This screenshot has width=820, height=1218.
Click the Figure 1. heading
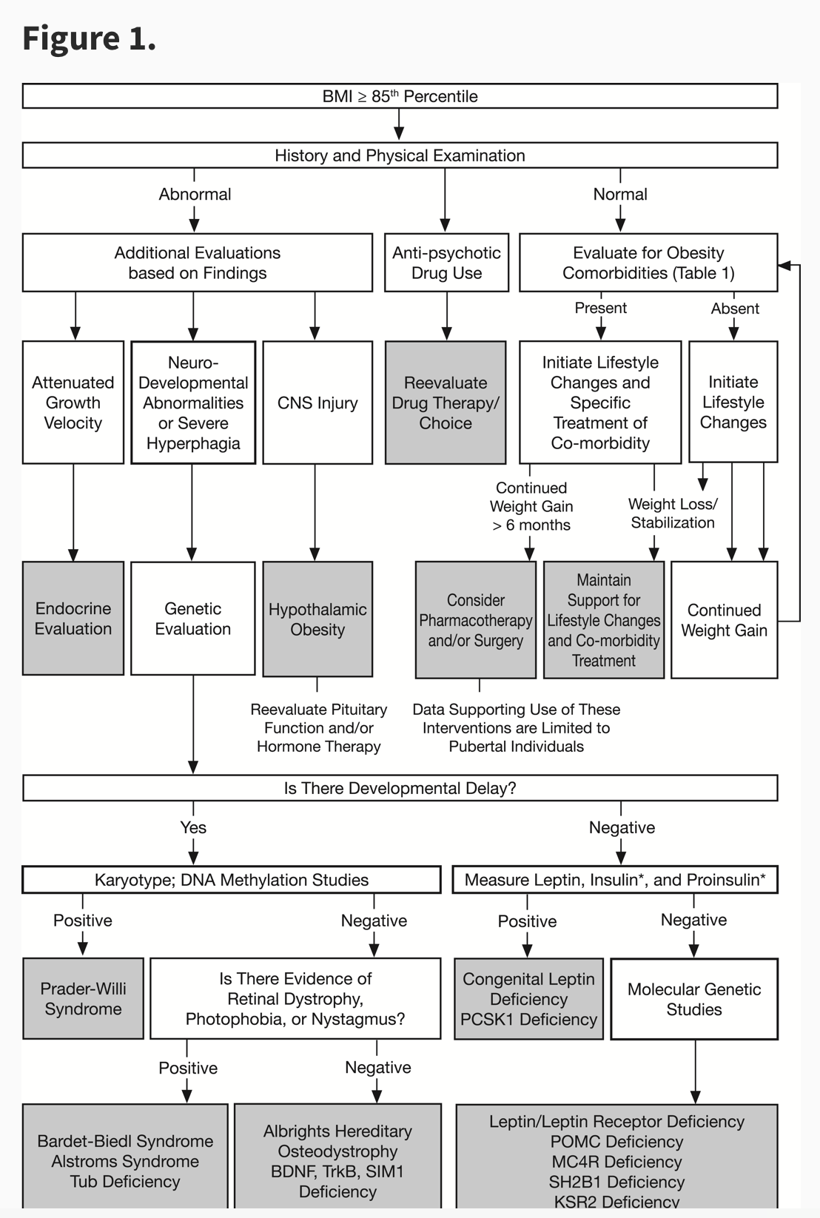(89, 38)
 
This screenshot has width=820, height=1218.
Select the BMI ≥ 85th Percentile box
(400, 96)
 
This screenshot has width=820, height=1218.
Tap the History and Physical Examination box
(400, 155)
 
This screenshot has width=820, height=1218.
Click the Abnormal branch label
(195, 194)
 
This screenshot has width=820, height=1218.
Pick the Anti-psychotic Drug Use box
(446, 263)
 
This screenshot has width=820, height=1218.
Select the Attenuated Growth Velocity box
(73, 403)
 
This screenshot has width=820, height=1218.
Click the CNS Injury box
(317, 403)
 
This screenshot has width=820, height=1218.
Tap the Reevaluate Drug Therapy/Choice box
(446, 403)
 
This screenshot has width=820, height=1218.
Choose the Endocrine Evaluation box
(73, 619)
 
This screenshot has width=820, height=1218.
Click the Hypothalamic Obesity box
(317, 619)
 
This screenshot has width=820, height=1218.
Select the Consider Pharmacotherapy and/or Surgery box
(475, 620)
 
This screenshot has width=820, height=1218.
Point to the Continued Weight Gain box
(724, 620)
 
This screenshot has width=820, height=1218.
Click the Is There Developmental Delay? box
(400, 788)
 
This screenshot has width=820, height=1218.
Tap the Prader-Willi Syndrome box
(83, 999)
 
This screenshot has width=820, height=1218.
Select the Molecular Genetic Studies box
(694, 999)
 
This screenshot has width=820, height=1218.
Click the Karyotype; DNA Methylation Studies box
(232, 880)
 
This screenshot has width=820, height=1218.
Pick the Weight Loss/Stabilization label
(673, 513)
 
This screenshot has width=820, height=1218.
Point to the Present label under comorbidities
(600, 308)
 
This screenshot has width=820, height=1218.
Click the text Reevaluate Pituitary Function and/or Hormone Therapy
(319, 728)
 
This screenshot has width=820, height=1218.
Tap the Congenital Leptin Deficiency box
(528, 999)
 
